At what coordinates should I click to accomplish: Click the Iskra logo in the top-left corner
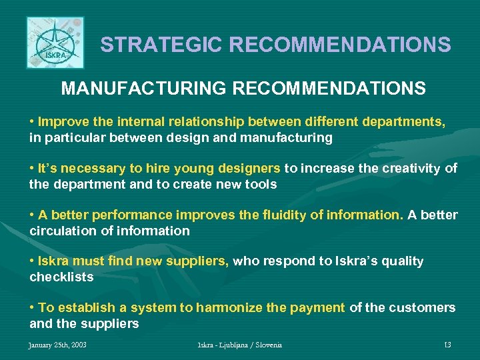click(x=55, y=43)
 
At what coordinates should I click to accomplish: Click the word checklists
click(x=61, y=277)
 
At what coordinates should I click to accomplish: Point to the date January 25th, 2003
click(x=57, y=345)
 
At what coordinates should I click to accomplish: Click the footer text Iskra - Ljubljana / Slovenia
click(x=240, y=345)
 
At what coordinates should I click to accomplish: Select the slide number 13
click(x=447, y=345)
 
